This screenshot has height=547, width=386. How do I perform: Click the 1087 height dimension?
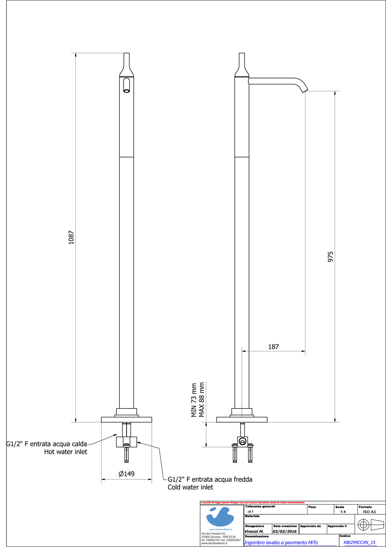[72, 238]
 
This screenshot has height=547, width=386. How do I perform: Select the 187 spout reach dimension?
[274, 347]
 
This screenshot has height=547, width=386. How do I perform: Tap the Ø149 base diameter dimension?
[127, 474]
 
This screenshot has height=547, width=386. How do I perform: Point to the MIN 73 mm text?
[194, 400]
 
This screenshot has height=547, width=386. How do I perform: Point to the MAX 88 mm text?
[202, 399]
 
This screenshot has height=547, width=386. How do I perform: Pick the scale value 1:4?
[343, 512]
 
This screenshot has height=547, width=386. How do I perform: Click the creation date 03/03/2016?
[285, 531]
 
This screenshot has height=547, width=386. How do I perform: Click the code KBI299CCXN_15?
[359, 542]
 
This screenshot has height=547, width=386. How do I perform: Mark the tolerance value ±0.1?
[250, 512]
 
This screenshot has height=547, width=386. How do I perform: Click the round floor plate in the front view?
[127, 419]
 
